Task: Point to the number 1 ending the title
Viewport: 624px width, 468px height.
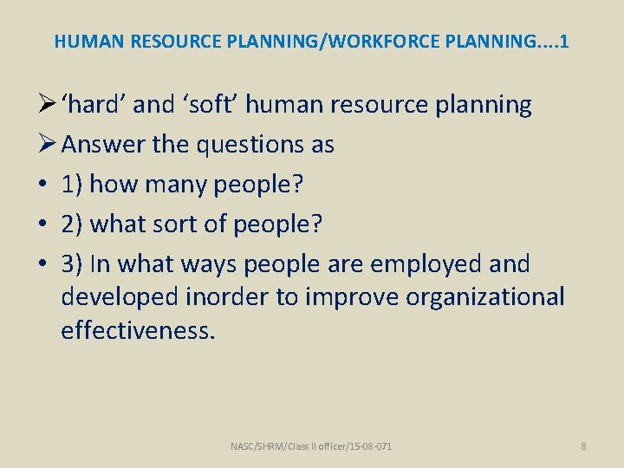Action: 564,41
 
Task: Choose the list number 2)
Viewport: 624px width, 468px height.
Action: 72,224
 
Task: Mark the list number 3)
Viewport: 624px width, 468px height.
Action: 72,263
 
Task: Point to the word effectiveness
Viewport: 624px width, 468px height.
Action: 136,329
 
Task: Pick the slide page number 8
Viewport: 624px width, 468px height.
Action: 583,446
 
